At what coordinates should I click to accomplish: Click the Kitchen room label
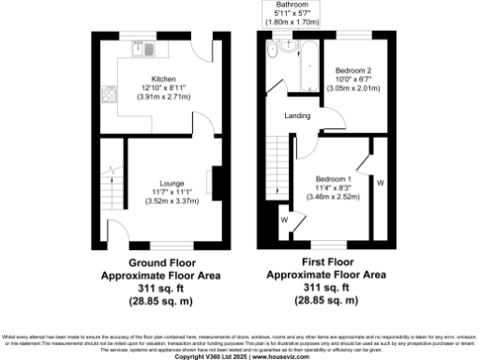157,79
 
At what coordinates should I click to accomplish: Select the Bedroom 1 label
334,179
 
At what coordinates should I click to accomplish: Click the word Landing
299,115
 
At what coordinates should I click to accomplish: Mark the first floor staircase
277,164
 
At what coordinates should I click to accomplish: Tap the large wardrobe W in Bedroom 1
380,183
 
